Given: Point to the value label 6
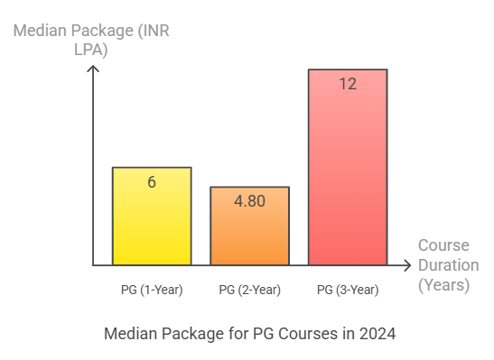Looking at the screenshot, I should pos(152,181).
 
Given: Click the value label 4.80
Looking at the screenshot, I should pos(249,201).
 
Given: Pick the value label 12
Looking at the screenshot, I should pos(348,84).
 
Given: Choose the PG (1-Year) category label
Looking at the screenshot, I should pos(151,290).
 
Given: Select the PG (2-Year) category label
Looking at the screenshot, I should pos(249,290).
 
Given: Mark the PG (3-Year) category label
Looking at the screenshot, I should pos(348,290).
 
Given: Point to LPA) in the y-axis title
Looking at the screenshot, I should pos(89,51).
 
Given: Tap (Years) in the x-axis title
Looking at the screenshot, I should pos(443,285).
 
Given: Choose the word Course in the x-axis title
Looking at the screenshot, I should pos(443,245).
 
